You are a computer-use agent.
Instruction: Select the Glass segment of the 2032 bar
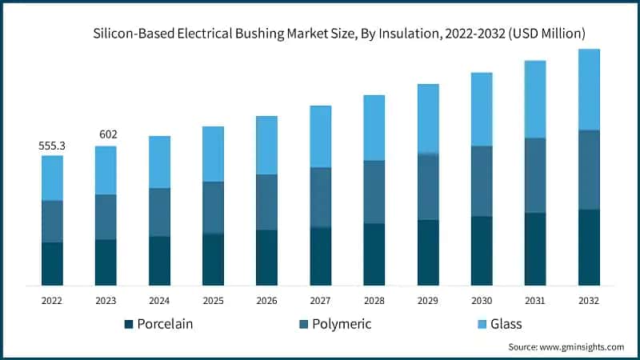(589, 89)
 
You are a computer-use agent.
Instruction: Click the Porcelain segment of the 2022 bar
(52, 263)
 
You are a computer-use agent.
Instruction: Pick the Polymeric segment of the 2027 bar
(320, 197)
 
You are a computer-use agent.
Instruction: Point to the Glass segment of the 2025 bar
(213, 154)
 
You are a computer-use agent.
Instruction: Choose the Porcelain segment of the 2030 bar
(482, 250)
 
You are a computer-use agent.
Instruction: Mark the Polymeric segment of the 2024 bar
(159, 212)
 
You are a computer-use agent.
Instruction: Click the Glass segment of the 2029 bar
(428, 118)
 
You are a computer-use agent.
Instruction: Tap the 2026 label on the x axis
(266, 301)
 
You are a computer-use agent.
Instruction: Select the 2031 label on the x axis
(535, 301)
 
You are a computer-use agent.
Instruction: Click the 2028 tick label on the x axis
(374, 301)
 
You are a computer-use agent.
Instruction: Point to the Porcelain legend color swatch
(128, 325)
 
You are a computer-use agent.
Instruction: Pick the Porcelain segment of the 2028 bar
(374, 254)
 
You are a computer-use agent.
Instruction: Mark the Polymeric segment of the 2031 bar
(535, 175)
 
